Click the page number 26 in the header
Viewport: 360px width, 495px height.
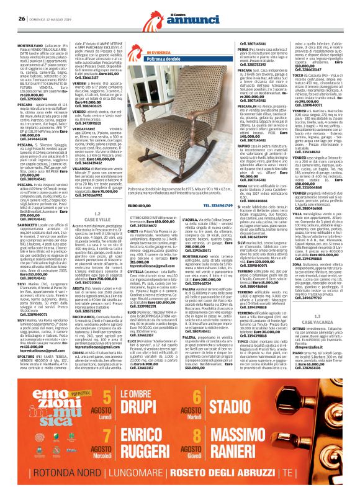[21, 18]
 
